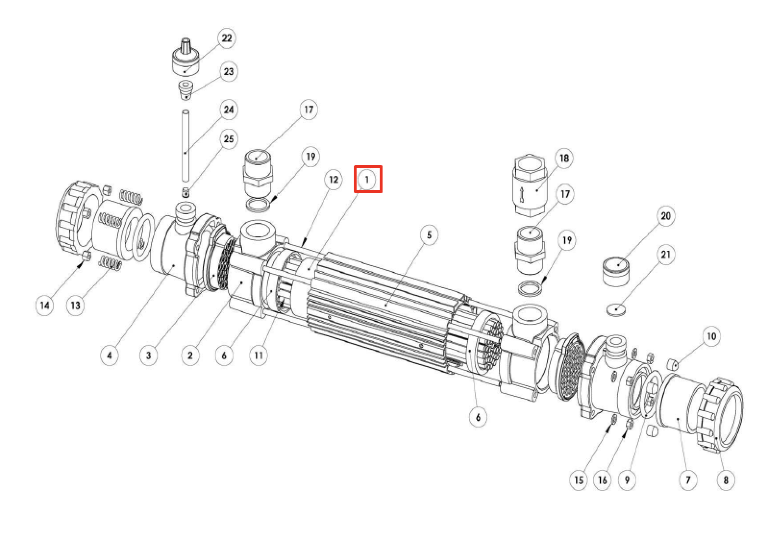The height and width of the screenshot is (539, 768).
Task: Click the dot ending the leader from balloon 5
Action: pos(386,305)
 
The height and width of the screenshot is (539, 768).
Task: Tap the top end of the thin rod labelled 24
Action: pos(186,110)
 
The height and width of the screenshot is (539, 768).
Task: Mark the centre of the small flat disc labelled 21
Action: pos(616,310)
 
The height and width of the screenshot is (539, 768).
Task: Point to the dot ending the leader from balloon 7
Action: pos(678,418)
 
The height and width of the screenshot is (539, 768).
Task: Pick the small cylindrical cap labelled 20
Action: pos(616,272)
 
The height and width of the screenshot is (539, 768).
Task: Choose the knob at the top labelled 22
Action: pos(186,57)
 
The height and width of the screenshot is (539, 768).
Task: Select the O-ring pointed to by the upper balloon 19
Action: pos(258,205)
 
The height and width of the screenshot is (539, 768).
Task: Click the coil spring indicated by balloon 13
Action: pos(110,264)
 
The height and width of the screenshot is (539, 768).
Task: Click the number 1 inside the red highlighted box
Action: pos(367,179)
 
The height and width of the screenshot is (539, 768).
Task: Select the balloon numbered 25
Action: pos(228,139)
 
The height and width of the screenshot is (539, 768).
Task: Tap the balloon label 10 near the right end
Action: pos(711,336)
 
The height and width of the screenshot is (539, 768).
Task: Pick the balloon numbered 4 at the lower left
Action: pos(110,355)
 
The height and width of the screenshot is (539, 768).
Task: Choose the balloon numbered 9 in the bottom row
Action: pos(627,480)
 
